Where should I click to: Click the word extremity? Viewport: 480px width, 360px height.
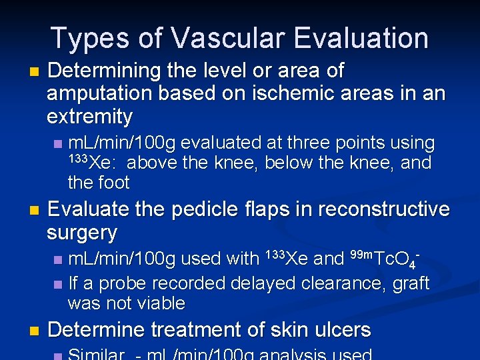90,117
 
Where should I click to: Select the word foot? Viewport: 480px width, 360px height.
113,182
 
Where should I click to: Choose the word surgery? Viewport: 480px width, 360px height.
82,233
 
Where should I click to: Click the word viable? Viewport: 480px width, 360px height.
160,303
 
